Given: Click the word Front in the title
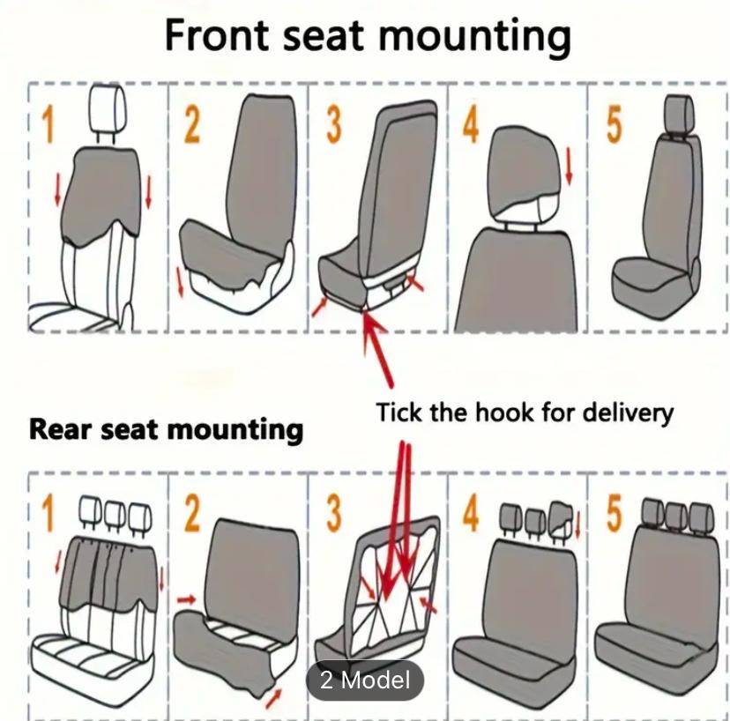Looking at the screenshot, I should click(x=216, y=38).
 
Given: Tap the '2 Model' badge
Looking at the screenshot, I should click(x=364, y=680).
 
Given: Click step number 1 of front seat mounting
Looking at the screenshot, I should click(x=47, y=124).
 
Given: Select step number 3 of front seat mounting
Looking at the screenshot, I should click(x=333, y=126).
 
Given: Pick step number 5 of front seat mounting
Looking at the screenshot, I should click(x=614, y=125).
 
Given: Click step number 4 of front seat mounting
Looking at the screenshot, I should click(x=471, y=125).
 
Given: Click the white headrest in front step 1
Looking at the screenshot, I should click(x=107, y=113).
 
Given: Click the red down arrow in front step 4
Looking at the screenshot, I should click(x=569, y=167).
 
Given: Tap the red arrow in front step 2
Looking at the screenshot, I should click(x=182, y=281).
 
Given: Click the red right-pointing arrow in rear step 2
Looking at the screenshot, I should click(x=186, y=599).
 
